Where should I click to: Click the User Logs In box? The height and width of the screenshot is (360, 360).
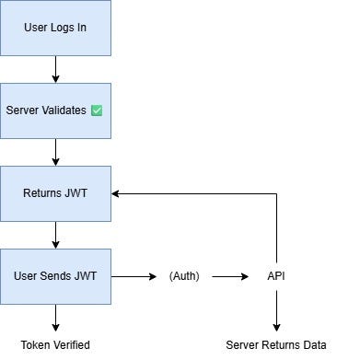point(55,28)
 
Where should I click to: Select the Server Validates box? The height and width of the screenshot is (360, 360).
point(55,110)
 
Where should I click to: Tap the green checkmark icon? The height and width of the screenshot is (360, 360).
point(96,110)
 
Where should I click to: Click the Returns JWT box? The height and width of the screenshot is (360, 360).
point(55,193)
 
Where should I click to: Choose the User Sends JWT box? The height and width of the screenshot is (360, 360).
point(55,275)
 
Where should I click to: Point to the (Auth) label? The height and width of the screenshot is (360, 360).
point(184,275)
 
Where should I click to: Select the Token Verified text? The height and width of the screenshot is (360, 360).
point(55,345)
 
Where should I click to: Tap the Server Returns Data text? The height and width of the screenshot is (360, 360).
point(276,345)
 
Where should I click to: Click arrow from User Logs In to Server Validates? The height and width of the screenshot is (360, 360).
point(55,69)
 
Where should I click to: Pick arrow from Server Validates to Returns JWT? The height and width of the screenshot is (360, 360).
point(55,152)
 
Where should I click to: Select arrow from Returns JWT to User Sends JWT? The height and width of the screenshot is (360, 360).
point(55,235)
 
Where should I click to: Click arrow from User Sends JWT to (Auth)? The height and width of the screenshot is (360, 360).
point(134,275)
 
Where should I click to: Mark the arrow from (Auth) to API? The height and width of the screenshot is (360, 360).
point(230,275)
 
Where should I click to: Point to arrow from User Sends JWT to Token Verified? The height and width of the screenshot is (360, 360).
point(55,318)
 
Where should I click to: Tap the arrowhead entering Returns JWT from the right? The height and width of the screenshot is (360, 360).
point(117,193)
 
